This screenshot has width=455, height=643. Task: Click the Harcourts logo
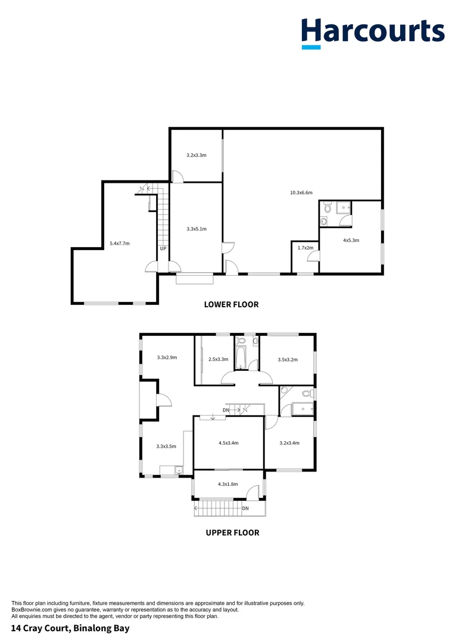click(x=372, y=33)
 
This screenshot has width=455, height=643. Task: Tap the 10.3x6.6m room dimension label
click(x=301, y=192)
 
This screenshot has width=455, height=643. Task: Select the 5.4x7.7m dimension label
click(x=120, y=243)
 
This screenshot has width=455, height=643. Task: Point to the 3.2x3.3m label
click(x=196, y=155)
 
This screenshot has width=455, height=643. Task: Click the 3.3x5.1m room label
click(x=196, y=229)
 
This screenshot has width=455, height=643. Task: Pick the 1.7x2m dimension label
click(x=305, y=247)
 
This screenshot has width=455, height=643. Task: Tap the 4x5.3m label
click(x=351, y=240)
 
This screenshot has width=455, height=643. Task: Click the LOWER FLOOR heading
click(x=231, y=304)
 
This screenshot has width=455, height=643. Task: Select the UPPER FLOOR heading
click(x=232, y=533)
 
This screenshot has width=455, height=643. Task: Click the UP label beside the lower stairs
click(x=163, y=249)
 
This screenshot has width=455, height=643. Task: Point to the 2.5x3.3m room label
click(x=219, y=359)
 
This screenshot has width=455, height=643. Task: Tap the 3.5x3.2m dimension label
click(x=288, y=359)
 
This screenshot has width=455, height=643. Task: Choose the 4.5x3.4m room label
click(x=229, y=442)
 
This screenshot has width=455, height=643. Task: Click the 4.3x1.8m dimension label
click(x=227, y=484)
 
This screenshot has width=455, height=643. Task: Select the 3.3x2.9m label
click(x=167, y=357)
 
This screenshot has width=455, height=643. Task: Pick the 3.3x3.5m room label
click(x=166, y=446)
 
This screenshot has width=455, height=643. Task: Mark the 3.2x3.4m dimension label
click(x=289, y=442)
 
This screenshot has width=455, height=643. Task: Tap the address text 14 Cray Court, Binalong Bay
click(x=70, y=628)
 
